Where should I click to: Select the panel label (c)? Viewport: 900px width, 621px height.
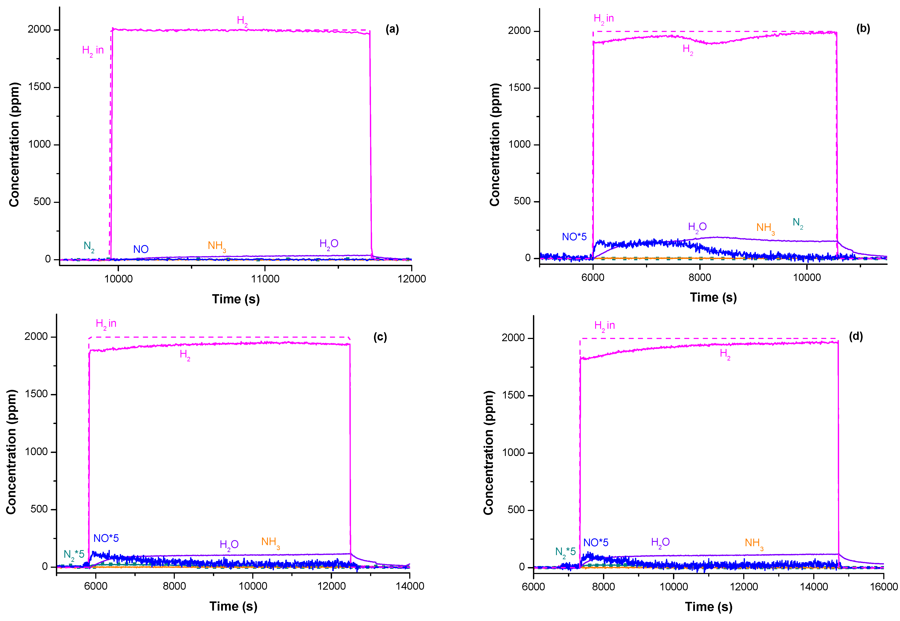(x=380, y=337)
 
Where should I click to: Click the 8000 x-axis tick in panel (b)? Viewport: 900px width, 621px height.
(x=700, y=277)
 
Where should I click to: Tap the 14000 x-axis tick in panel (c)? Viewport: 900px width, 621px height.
(x=410, y=586)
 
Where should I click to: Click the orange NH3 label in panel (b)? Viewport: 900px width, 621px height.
(x=765, y=228)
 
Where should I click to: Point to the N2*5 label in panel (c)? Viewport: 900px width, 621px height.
(x=74, y=555)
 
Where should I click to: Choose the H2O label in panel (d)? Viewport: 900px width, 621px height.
(x=660, y=543)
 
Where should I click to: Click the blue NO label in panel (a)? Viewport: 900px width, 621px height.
(x=140, y=249)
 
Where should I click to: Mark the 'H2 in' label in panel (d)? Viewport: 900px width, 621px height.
(x=604, y=326)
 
